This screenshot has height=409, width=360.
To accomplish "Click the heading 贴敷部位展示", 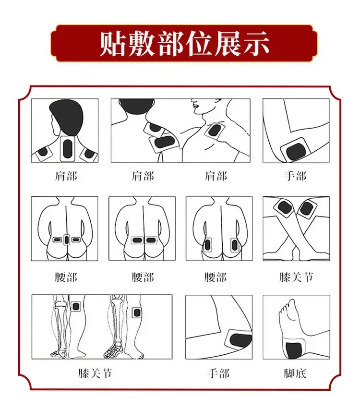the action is pos(184,44).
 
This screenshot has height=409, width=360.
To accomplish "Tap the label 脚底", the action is pos(295,373).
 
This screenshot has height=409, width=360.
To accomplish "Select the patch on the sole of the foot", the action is pos(294,348).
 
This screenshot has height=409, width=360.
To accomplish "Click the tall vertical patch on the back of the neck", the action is pos(68,149).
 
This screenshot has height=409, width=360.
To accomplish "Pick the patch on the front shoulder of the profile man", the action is pos(215,131).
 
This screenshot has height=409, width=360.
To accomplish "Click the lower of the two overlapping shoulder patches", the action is pos(164,143).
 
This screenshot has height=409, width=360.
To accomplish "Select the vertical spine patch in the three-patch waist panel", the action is pos(67,240).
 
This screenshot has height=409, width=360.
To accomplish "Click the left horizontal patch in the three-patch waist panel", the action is pos(57,240).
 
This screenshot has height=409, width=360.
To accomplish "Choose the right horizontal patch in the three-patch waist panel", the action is pos(76,240).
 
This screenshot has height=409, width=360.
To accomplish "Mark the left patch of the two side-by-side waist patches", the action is pos(137,240).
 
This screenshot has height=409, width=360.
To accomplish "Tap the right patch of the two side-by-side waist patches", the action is pos(150,240).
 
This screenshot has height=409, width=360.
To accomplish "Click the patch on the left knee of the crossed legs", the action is pos(284,207).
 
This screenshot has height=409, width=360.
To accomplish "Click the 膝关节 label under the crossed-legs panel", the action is pos(296,277).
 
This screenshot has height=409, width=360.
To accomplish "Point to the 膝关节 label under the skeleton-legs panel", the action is pos(95,373).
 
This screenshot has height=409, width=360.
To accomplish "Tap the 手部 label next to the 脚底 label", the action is pos(218,373).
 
